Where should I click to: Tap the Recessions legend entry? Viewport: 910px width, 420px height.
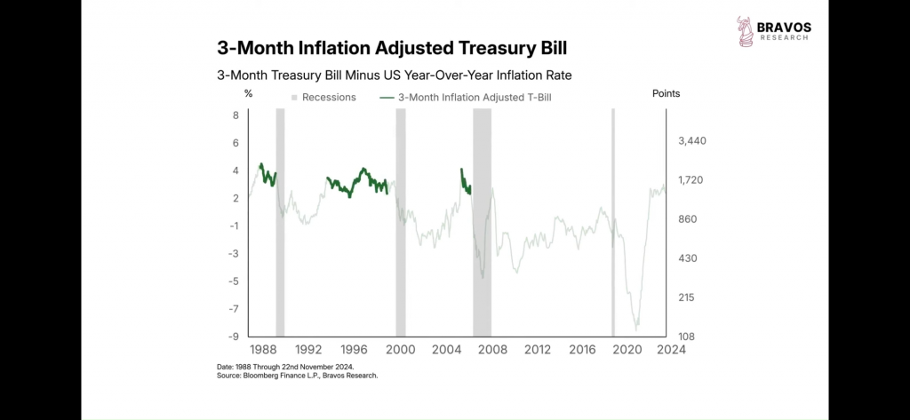[x=323, y=97]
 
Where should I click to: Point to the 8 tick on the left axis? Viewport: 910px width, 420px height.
[x=235, y=115]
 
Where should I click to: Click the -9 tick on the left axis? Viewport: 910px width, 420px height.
[x=234, y=337]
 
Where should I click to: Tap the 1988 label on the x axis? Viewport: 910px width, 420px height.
[x=262, y=350]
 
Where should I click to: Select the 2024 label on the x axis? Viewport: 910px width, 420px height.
[x=670, y=350]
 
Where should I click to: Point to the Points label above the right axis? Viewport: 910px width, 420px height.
[x=666, y=93]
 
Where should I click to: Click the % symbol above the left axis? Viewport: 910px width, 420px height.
[x=249, y=93]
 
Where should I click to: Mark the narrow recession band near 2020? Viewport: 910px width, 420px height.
[x=613, y=222]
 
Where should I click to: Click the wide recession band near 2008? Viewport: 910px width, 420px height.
[x=482, y=222]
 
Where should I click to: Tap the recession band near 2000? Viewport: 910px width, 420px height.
[x=401, y=222]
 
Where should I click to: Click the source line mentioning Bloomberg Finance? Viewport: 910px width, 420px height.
[x=297, y=376]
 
